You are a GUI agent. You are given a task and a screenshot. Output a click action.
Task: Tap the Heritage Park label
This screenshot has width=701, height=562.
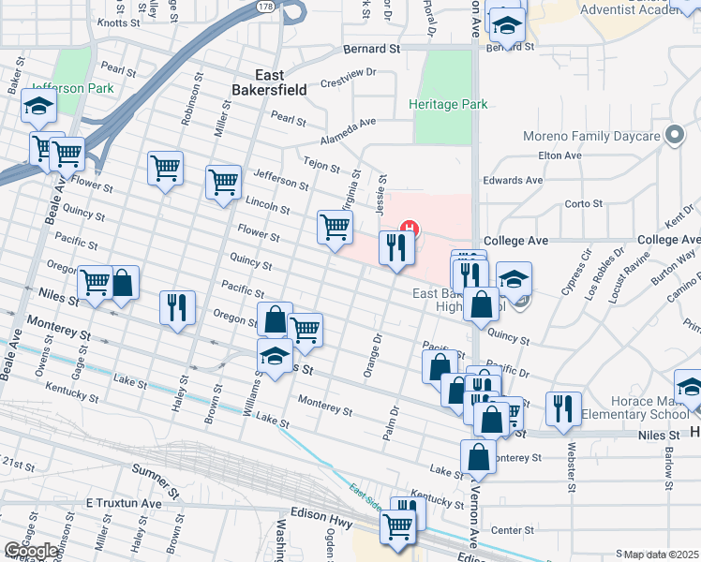click(x=448, y=104)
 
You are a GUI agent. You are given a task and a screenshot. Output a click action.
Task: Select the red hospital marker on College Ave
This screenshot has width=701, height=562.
click(x=409, y=227)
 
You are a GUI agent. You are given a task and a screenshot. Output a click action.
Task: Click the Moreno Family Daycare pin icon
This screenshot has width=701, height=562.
click(x=674, y=136)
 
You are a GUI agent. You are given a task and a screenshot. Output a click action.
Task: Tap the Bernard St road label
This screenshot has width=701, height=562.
click(x=371, y=48)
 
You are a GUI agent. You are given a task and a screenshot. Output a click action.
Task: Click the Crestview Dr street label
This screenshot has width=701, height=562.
click(x=348, y=71)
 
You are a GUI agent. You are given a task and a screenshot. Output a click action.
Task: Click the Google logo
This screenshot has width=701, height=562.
click(x=31, y=550)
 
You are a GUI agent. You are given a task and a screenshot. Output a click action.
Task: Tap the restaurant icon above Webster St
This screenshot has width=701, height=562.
click(x=562, y=407)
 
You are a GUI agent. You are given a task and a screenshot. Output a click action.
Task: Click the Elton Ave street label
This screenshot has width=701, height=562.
click(x=560, y=155)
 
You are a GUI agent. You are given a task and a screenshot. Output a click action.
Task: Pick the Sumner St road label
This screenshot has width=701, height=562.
click(x=156, y=480)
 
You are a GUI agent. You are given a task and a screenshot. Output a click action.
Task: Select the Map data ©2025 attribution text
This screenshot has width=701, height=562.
click(x=657, y=555)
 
